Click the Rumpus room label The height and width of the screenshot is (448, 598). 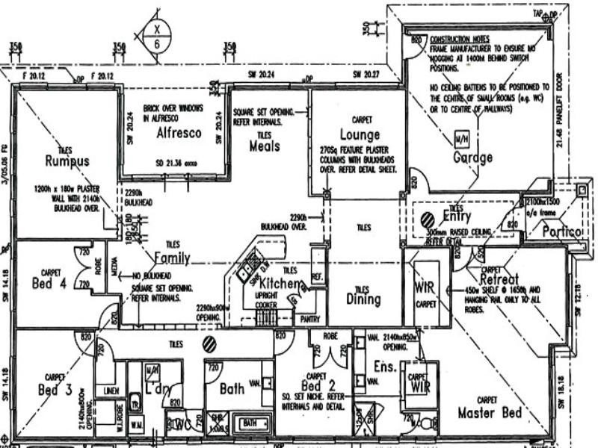(67, 161)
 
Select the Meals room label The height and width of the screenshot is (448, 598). (264, 146)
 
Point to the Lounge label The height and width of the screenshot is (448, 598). (360, 135)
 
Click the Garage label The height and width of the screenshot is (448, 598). (472, 158)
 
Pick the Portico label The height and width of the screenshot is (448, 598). (562, 232)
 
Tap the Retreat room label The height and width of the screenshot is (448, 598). (500, 279)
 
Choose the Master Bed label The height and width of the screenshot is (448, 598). (490, 412)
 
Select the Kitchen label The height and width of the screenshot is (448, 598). (280, 284)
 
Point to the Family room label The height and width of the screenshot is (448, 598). (172, 258)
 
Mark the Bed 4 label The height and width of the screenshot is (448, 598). (51, 283)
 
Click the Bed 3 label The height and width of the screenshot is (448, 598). (55, 389)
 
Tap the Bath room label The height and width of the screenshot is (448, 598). (232, 389)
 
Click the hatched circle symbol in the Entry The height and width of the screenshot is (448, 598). (428, 220)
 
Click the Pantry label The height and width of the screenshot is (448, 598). (308, 317)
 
